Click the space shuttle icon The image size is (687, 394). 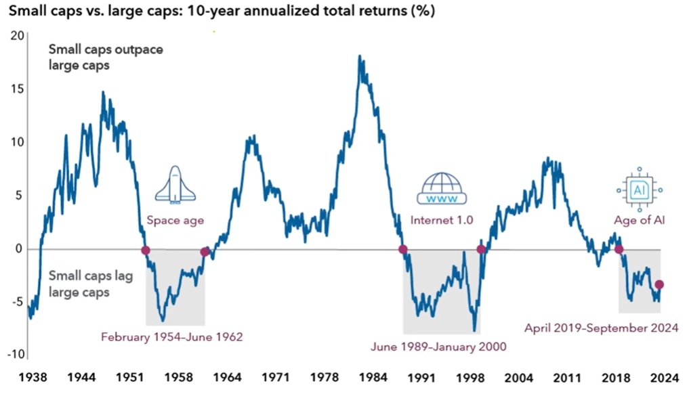click(175, 185)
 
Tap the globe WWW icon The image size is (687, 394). click(441, 189)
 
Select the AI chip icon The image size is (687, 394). click(638, 190)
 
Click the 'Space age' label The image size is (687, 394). click(175, 220)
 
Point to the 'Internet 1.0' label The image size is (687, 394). click(442, 220)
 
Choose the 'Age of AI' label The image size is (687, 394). click(638, 220)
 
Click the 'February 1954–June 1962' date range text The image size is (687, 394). click(171, 336)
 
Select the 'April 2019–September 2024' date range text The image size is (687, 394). click(602, 328)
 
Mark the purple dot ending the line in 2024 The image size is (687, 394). click(659, 285)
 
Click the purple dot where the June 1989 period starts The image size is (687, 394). click(403, 249)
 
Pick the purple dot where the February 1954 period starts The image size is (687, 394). click(145, 250)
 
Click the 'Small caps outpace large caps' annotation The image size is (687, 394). click(105, 58)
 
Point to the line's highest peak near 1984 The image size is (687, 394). click(360, 56)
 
